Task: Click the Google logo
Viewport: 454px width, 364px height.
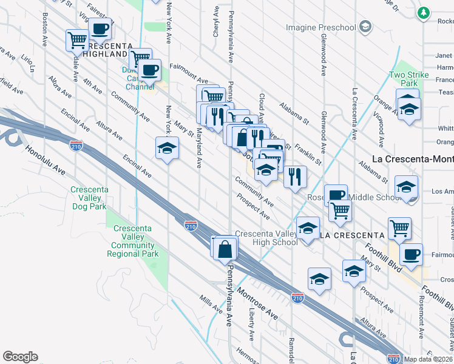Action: tap(20, 357)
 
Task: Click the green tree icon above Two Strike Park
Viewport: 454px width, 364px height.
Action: tap(422, 12)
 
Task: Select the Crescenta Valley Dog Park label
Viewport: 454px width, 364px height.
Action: tap(89, 198)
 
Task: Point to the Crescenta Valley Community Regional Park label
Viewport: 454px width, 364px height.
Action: tap(135, 241)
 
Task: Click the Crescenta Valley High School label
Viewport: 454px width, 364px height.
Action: tap(266, 238)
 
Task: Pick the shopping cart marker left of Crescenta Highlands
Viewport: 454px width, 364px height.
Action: tap(78, 41)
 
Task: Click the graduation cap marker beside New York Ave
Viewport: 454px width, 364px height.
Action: tap(167, 148)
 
